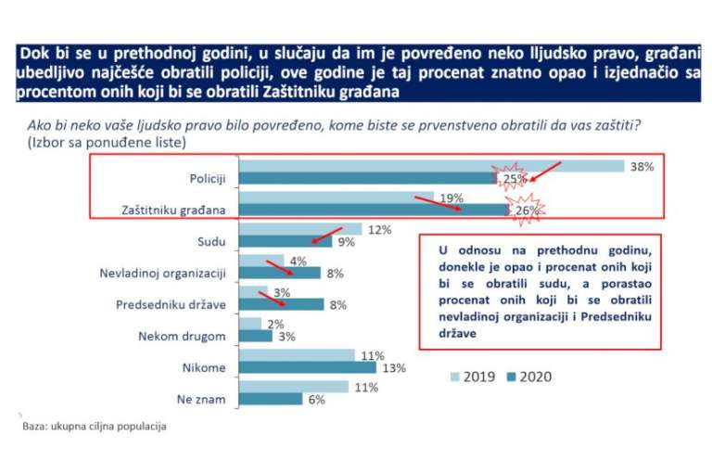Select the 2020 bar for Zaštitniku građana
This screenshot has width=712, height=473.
click(x=371, y=210)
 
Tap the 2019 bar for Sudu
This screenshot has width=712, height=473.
click(x=300, y=229)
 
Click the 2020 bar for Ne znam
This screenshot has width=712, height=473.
click(x=271, y=399)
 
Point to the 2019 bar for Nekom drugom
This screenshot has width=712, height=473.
click(x=250, y=324)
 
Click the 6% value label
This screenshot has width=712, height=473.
click(x=317, y=399)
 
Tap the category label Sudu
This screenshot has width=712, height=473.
click(x=213, y=242)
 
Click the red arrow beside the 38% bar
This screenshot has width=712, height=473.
click(x=545, y=171)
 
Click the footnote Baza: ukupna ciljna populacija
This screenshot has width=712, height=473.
click(x=95, y=428)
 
